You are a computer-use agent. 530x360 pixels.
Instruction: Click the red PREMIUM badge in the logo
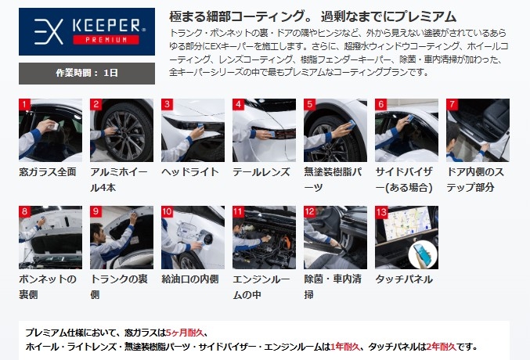106,40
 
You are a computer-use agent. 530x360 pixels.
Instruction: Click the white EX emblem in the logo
49,32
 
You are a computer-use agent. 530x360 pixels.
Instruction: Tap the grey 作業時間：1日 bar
87,74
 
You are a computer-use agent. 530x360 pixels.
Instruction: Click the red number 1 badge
24,104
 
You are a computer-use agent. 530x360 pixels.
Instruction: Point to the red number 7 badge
452,104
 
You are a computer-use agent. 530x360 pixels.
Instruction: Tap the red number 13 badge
381,212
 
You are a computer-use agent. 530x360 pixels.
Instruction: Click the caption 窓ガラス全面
48,172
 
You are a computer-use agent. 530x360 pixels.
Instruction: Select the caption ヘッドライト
190,172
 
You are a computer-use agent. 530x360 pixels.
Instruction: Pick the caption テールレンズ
261,172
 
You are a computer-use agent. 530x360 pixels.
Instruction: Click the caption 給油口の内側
190,279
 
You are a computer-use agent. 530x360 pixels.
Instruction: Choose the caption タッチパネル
404,279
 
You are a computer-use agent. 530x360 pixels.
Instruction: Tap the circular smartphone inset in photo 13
423,255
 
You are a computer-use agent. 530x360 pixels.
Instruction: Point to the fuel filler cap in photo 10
207,239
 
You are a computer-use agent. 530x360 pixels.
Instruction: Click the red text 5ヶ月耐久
185,333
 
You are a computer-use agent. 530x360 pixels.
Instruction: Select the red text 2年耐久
441,347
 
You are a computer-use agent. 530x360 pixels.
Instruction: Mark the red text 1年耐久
345,347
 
